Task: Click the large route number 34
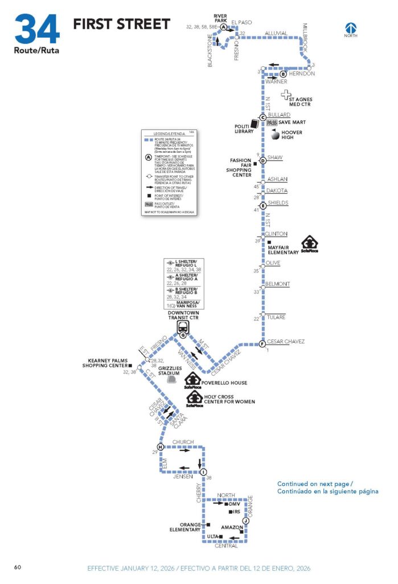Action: point(37,29)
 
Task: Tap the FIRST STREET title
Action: point(121,24)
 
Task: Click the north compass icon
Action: point(351,27)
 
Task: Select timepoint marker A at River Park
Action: point(224,27)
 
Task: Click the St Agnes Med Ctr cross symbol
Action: point(286,95)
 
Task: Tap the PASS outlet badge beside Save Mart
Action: point(272,123)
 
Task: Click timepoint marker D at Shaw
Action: point(263,160)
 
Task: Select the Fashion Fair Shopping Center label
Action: point(240,168)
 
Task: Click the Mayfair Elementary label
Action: point(284,249)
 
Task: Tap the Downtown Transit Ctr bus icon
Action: point(183,327)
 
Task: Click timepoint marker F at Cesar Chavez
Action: point(262,344)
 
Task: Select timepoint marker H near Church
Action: point(161,447)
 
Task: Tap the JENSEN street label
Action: point(183,477)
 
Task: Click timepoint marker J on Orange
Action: point(245,521)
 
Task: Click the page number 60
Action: point(18,567)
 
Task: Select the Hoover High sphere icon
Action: point(275,136)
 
